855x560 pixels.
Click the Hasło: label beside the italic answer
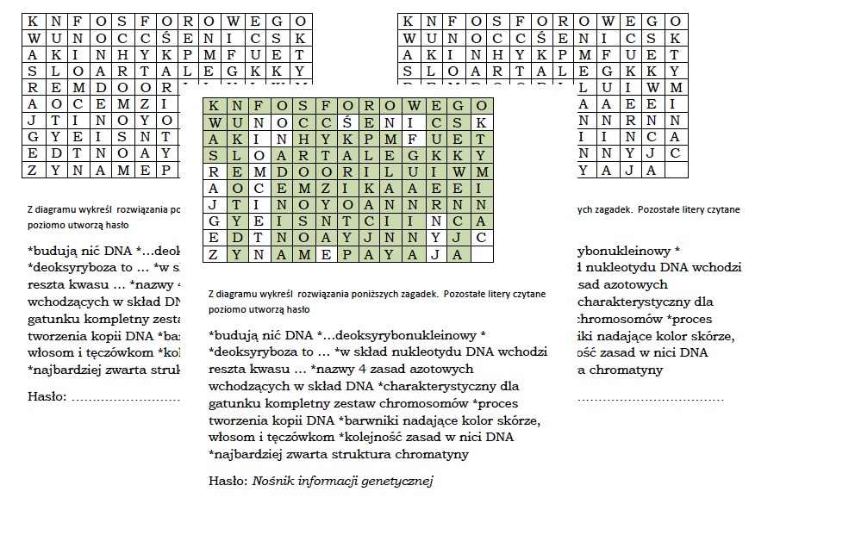[x=228, y=481]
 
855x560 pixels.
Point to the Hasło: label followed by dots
[x=47, y=397]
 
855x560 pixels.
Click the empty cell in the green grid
[x=482, y=254]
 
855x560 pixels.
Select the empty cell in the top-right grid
[x=676, y=170]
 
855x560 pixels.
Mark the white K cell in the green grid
[x=482, y=122]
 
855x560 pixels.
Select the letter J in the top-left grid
[x=33, y=121]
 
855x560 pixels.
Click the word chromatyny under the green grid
[x=437, y=454]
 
